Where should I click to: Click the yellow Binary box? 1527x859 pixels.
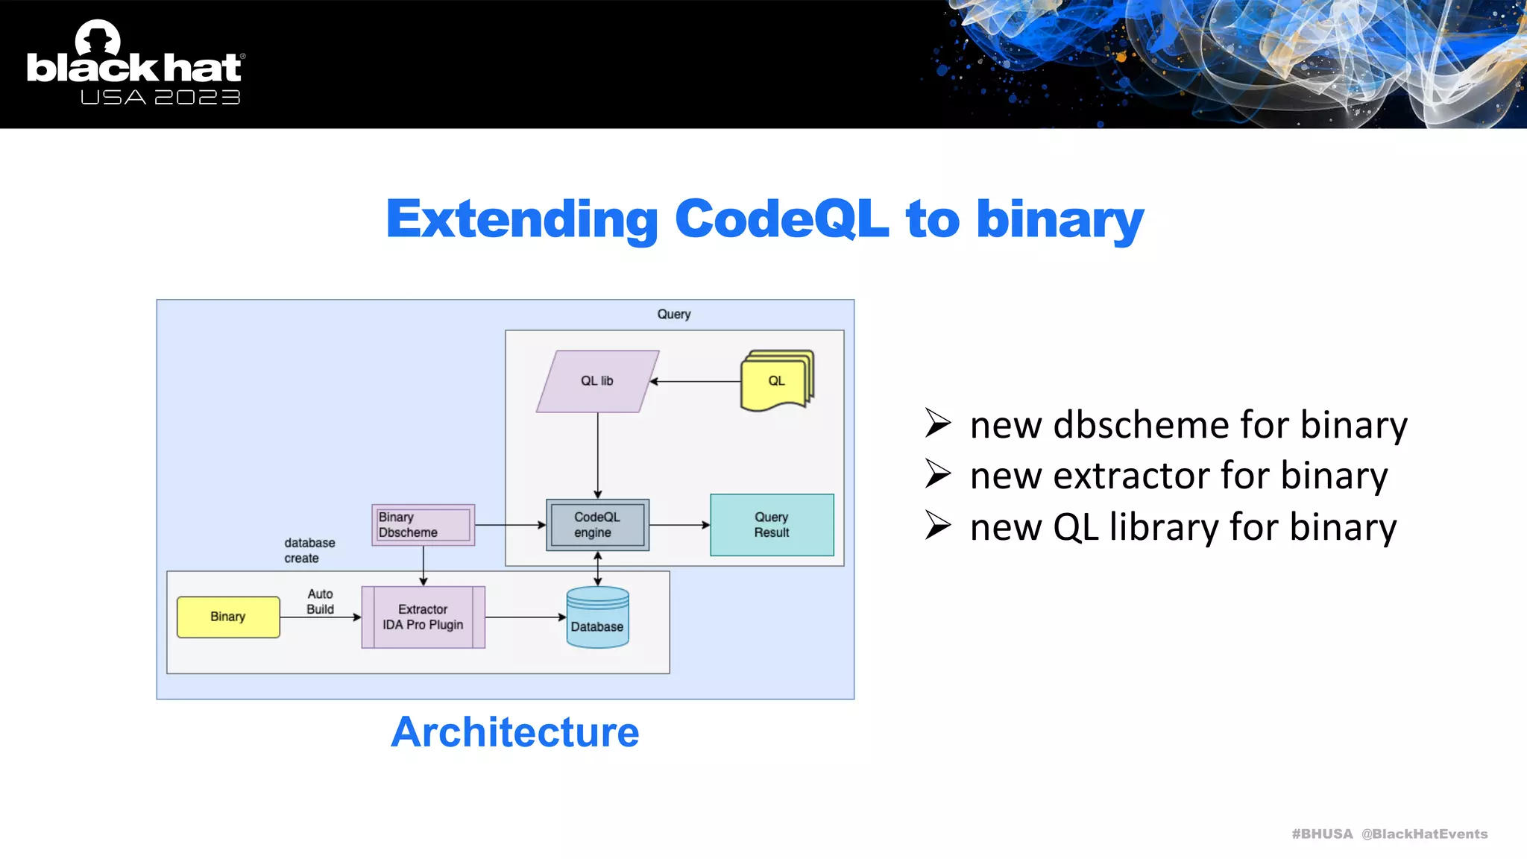pos(228,617)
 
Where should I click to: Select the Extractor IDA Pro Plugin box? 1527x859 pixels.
pos(423,617)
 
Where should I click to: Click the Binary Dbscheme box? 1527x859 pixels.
pos(423,525)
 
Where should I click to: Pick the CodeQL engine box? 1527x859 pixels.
pos(597,525)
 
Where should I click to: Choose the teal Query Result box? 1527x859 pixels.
pos(772,525)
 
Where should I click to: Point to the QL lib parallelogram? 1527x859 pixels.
pos(597,381)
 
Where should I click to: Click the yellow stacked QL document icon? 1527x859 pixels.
pos(776,381)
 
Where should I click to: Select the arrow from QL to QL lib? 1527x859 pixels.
pos(695,381)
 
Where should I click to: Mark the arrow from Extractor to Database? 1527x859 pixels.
pos(526,617)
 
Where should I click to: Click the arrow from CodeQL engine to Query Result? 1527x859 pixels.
pos(679,525)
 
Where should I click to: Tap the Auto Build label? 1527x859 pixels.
pos(321,602)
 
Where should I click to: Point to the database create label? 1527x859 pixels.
pos(309,550)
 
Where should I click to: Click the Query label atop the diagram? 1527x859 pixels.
pos(674,314)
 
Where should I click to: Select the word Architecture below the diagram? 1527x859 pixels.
pos(514,732)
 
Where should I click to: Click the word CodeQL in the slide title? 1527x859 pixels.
pos(781,219)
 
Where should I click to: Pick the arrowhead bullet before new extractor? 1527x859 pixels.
pos(938,474)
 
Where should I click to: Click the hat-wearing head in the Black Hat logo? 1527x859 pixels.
pos(98,37)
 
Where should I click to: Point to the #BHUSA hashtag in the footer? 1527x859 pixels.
pos(1321,834)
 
